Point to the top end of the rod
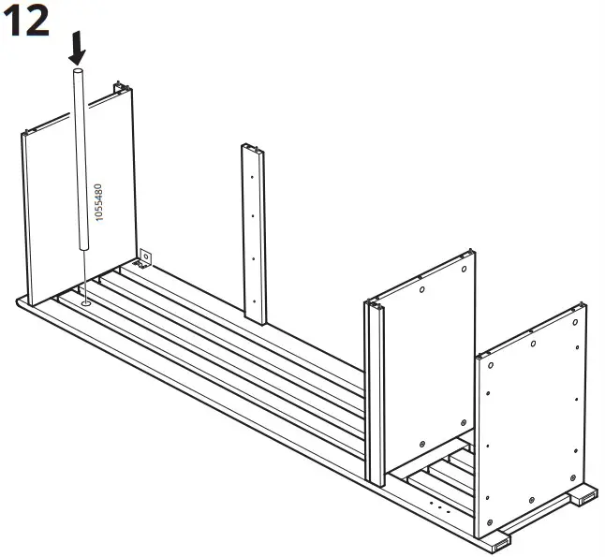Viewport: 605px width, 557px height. tap(79, 71)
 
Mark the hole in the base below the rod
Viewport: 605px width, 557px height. tap(85, 302)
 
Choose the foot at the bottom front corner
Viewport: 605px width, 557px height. tap(497, 541)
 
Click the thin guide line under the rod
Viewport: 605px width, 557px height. tap(85, 276)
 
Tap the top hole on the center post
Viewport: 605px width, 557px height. tap(252, 176)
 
